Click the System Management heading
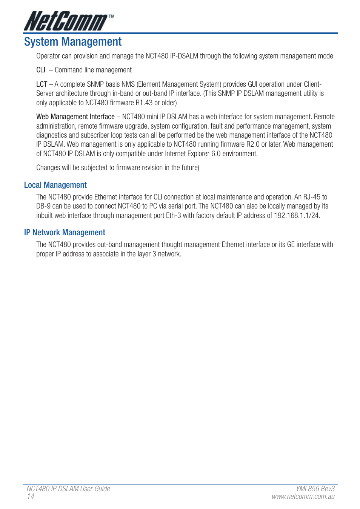coord(73,42)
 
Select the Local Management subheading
coord(55,185)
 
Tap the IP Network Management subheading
coord(65,233)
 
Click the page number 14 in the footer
coord(31,497)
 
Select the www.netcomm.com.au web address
coord(303,497)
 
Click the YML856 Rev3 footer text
coord(315,489)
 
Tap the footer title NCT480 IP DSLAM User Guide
coord(68,489)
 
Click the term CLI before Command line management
coord(41,70)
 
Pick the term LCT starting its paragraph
coord(42,84)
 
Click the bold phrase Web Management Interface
coord(75,117)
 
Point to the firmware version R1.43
coord(144,103)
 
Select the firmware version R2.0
coord(253,144)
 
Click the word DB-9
coord(43,206)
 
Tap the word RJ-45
coord(312,197)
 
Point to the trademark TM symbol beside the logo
coord(111,17)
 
